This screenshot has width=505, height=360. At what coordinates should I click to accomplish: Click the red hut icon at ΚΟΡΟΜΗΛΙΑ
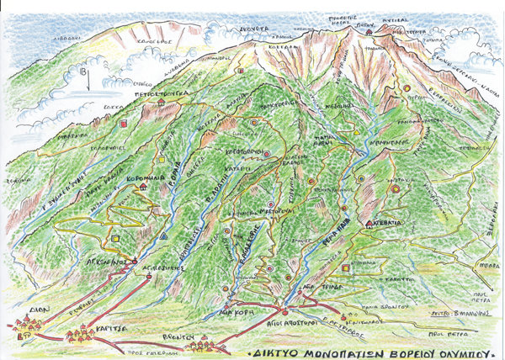click(145, 188)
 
